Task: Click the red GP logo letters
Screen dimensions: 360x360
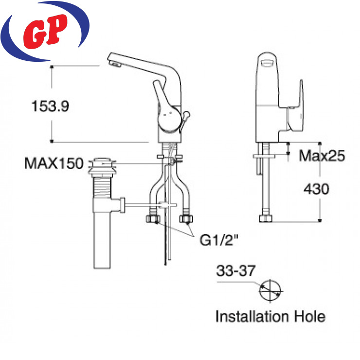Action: pyautogui.click(x=45, y=32)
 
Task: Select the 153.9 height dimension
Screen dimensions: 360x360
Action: pyautogui.click(x=50, y=106)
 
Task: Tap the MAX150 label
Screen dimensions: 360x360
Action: pyautogui.click(x=54, y=163)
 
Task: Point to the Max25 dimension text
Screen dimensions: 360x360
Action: pyautogui.click(x=322, y=156)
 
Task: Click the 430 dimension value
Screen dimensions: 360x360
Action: pyautogui.click(x=316, y=189)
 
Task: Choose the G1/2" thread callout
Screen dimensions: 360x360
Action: pyautogui.click(x=219, y=240)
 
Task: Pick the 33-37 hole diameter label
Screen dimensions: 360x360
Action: pyautogui.click(x=236, y=270)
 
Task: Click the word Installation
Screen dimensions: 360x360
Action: pyautogui.click(x=252, y=316)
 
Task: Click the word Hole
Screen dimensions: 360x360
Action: pyautogui.click(x=310, y=316)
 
